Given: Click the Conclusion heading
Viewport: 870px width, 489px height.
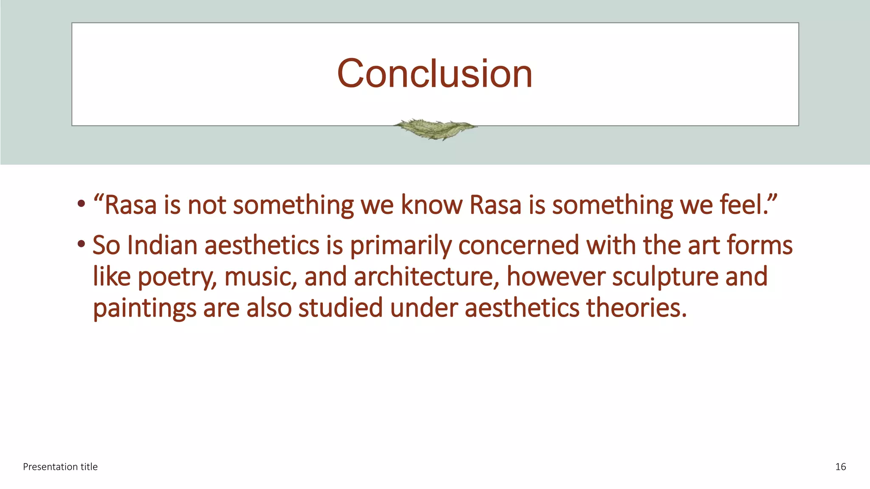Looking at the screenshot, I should click(435, 74).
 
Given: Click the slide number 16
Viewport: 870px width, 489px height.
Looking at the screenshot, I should click(840, 467).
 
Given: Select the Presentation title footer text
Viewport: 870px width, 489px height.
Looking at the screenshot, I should click(60, 467).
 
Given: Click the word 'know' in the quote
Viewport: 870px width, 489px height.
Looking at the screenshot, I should click(431, 205).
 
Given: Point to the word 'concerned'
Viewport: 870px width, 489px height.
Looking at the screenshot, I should click(519, 245).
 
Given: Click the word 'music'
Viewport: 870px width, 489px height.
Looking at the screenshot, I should click(260, 277).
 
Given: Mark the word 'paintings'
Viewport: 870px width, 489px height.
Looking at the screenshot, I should click(144, 309).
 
